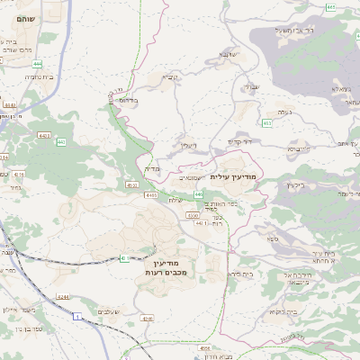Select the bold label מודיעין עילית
tap(233, 176)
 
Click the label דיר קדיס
tap(240, 141)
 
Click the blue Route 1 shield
tap(77, 317)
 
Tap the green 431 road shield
tap(123, 258)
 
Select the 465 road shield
tap(330, 7)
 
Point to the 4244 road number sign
tap(62, 294)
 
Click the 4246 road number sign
tap(148, 318)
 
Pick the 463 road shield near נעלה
tap(266, 122)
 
